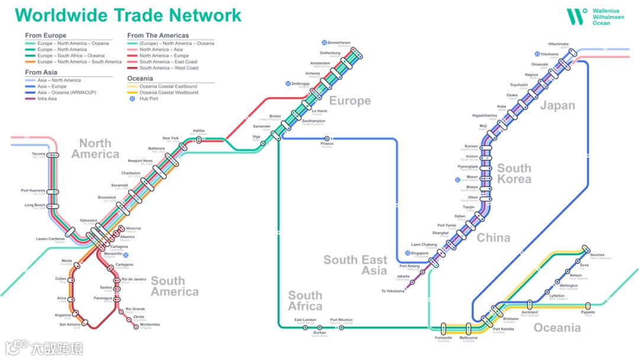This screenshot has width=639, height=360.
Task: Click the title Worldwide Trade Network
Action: (128, 15)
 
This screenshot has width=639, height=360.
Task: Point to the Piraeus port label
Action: (327, 144)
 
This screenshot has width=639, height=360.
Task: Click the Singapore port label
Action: (419, 253)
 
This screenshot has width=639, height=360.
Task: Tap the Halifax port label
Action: (199, 131)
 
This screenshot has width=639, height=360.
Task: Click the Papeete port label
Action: (588, 313)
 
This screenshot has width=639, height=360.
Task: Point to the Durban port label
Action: (319, 333)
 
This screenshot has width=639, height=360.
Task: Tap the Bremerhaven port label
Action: (339, 43)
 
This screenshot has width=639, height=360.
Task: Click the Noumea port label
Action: (597, 255)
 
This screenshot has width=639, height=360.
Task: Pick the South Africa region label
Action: (305, 301)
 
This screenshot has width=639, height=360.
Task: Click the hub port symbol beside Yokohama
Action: (538, 54)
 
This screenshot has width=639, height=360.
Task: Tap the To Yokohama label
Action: (393, 291)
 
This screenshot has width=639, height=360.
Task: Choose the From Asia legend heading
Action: (41, 72)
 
